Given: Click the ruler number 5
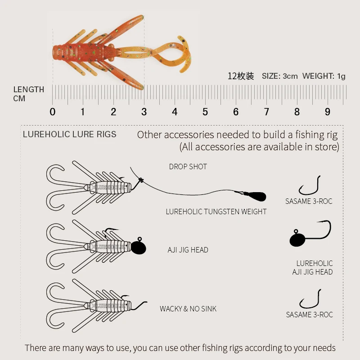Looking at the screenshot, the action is click(205, 112).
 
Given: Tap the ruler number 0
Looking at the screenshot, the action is click(53, 112).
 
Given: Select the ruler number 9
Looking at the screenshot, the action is click(328, 112).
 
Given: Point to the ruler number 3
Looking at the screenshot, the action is click(144, 112).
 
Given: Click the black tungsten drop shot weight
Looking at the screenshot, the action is click(256, 196).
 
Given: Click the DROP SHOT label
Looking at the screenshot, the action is click(188, 166).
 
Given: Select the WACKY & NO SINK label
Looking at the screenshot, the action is click(188, 309).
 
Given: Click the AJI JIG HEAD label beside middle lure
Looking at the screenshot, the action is click(188, 250).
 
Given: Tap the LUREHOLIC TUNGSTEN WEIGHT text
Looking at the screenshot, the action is click(216, 211).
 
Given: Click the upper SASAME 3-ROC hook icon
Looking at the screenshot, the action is click(310, 186).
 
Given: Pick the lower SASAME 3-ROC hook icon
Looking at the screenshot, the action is click(310, 299).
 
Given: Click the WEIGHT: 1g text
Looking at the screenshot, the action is click(324, 76).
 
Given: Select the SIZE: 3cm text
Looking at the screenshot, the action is click(279, 76).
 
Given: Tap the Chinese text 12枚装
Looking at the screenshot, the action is click(241, 76).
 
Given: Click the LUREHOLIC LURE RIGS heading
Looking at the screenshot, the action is click(70, 134).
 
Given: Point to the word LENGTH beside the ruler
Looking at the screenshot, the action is click(29, 90).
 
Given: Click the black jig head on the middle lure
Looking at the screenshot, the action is click(139, 247).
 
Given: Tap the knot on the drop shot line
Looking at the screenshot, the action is click(141, 180).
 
